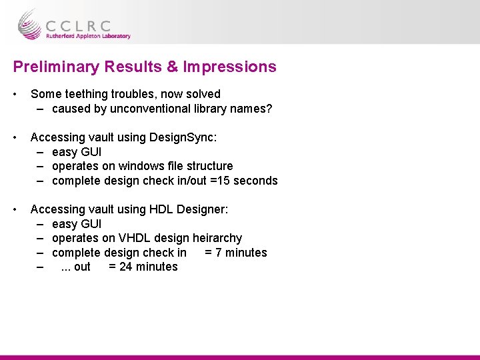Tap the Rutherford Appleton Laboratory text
pos(88,37)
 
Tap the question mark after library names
pos(269,109)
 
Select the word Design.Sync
pos(181,137)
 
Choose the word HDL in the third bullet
pos(160,209)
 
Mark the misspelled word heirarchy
pos(217,238)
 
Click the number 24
pos(125,267)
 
